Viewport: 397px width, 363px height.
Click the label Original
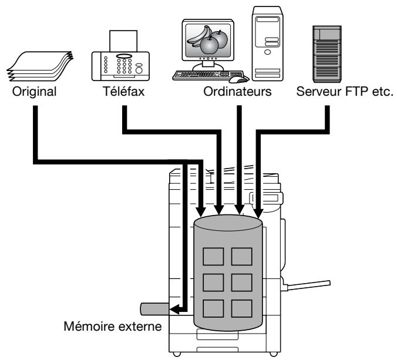tap(34, 92)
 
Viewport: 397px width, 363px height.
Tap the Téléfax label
tap(123, 91)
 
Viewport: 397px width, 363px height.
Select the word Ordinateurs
tap(237, 92)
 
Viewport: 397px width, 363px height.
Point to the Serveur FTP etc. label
tap(345, 92)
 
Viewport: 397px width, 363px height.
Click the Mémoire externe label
tap(113, 326)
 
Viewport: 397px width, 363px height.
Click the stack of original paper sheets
tap(39, 66)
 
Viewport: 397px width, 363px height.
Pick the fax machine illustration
tap(120, 56)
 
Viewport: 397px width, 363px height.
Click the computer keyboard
tap(208, 75)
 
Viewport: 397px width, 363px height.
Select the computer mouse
tap(239, 79)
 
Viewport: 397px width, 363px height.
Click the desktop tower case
tap(267, 43)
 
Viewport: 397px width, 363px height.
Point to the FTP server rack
tap(327, 54)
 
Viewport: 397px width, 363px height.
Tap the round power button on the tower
tap(267, 52)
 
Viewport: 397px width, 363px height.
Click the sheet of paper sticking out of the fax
tap(123, 41)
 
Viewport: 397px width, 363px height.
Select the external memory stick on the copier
tap(155, 309)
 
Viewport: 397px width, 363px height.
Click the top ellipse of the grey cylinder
tap(228, 223)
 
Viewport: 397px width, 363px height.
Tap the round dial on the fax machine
tap(139, 70)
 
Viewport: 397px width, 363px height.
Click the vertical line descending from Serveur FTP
tap(327, 118)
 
